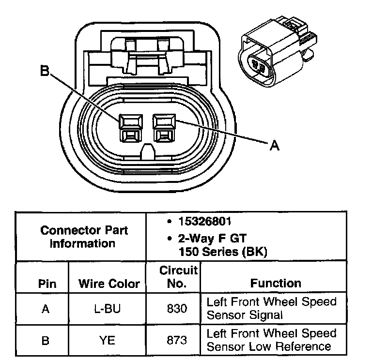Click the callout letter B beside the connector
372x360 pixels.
[x=45, y=71]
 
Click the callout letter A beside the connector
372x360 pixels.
[x=274, y=145]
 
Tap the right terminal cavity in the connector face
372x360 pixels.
[x=165, y=128]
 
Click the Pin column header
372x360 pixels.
[x=46, y=284]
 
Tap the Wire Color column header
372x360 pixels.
[x=108, y=284]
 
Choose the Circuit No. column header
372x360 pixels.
[x=178, y=276]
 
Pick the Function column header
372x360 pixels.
[x=276, y=283]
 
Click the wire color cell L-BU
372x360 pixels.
[x=107, y=308]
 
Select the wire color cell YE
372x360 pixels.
[x=107, y=340]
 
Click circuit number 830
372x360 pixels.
[x=177, y=308]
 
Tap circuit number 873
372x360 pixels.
[x=177, y=340]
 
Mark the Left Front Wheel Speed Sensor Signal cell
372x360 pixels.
[x=271, y=308]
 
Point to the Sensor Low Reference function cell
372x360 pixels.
[x=271, y=340]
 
